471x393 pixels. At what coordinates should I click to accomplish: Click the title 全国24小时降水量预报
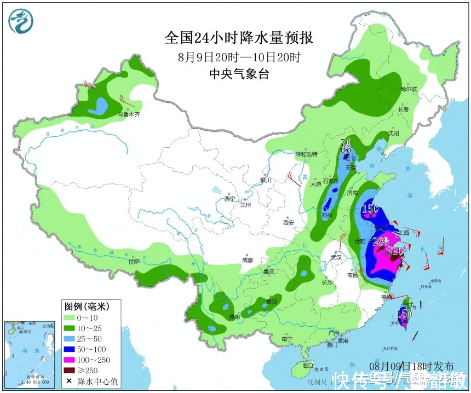tap(239, 38)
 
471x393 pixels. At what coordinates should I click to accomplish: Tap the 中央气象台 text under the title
tap(239, 75)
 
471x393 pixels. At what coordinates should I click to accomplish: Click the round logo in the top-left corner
tap(21, 21)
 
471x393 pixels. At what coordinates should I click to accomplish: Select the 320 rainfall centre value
tap(394, 251)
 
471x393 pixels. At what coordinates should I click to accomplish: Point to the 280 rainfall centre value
tap(380, 241)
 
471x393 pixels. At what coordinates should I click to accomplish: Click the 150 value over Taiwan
tap(404, 314)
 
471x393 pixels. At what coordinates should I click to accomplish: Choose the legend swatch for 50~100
tap(71, 349)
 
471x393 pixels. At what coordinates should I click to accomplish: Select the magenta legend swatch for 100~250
tap(71, 360)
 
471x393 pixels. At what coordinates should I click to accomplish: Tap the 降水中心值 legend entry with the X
tap(93, 382)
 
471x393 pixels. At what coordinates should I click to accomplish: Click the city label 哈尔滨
tap(408, 89)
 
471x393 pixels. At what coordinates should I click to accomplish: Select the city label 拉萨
tap(134, 262)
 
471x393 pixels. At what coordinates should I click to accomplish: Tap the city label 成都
tap(248, 261)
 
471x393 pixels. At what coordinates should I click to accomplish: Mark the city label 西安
tap(288, 222)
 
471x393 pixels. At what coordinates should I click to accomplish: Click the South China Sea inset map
tap(31, 353)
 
